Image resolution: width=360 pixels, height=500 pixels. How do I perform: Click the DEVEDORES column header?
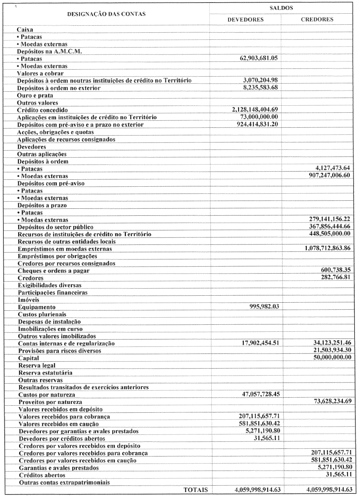pos(246,20)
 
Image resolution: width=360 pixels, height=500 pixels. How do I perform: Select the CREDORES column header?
pos(317,20)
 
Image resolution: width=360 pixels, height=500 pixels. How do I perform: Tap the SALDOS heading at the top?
pos(281,8)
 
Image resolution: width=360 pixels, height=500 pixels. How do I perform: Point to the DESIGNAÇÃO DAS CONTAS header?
pos(106,14)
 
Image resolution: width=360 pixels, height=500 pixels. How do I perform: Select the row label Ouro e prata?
pos(35,95)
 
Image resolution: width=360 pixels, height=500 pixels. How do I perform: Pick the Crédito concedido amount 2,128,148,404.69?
pos(255,110)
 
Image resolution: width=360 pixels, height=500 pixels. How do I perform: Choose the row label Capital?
pos(29,358)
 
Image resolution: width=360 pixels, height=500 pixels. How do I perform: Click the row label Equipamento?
pos(37,307)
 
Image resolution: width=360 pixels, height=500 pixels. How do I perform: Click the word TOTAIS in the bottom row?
pos(195,490)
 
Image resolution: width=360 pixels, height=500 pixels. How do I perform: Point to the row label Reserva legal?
pos(37,365)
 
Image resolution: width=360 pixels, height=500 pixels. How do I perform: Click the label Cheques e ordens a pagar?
pos(54,271)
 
